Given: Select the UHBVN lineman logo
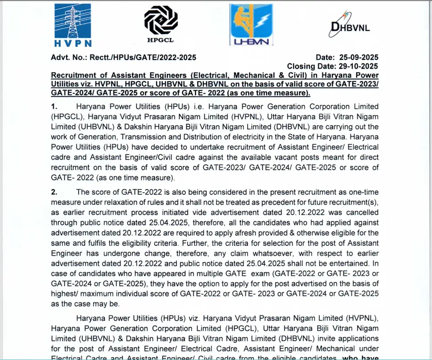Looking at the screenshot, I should (x=251, y=25).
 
